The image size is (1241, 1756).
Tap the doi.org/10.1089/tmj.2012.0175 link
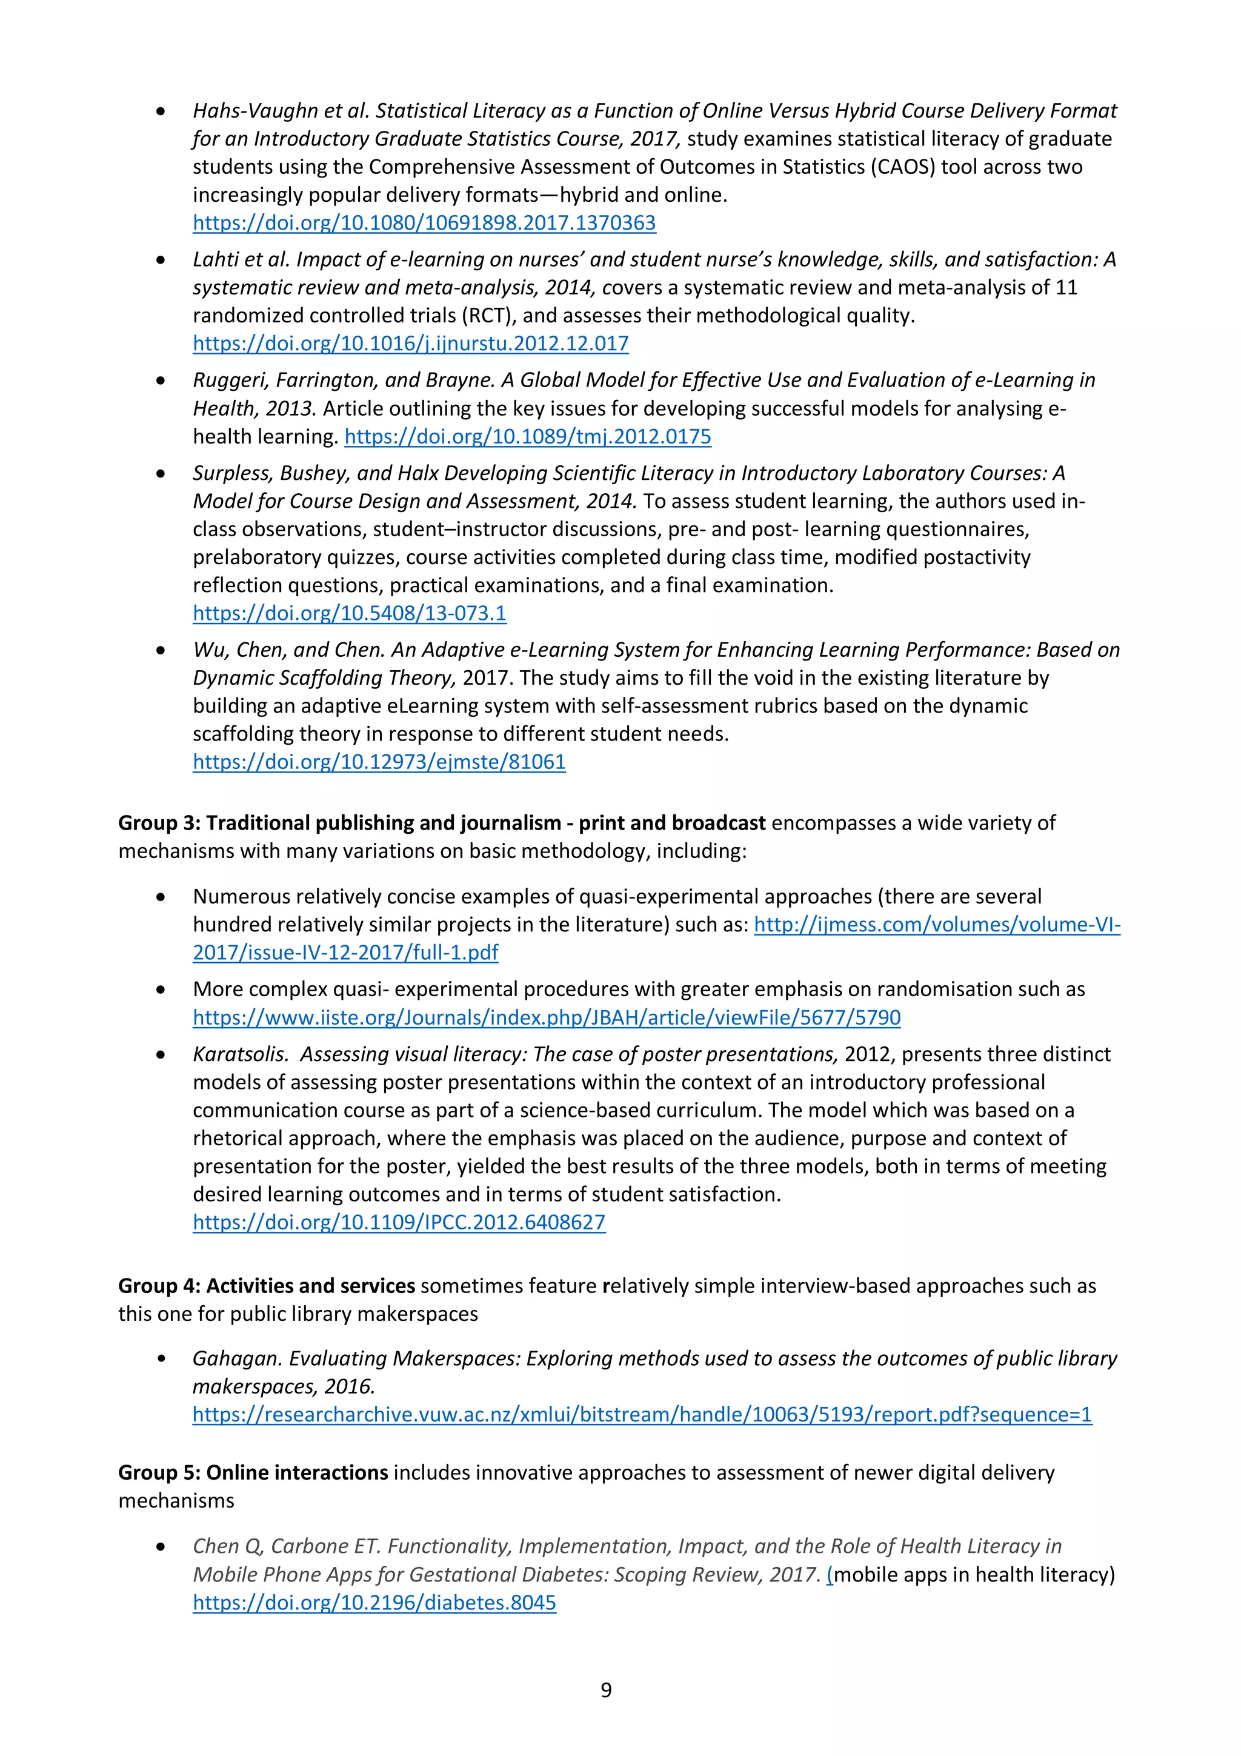point(528,437)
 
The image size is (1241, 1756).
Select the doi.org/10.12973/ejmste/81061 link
point(379,762)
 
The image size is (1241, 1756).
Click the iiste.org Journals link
point(546,1017)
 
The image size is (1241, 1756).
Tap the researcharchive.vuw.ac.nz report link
point(642,1414)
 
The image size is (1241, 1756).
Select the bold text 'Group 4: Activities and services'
point(266,1286)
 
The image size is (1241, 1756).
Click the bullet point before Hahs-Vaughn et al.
point(161,111)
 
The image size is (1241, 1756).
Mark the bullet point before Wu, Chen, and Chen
point(161,651)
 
